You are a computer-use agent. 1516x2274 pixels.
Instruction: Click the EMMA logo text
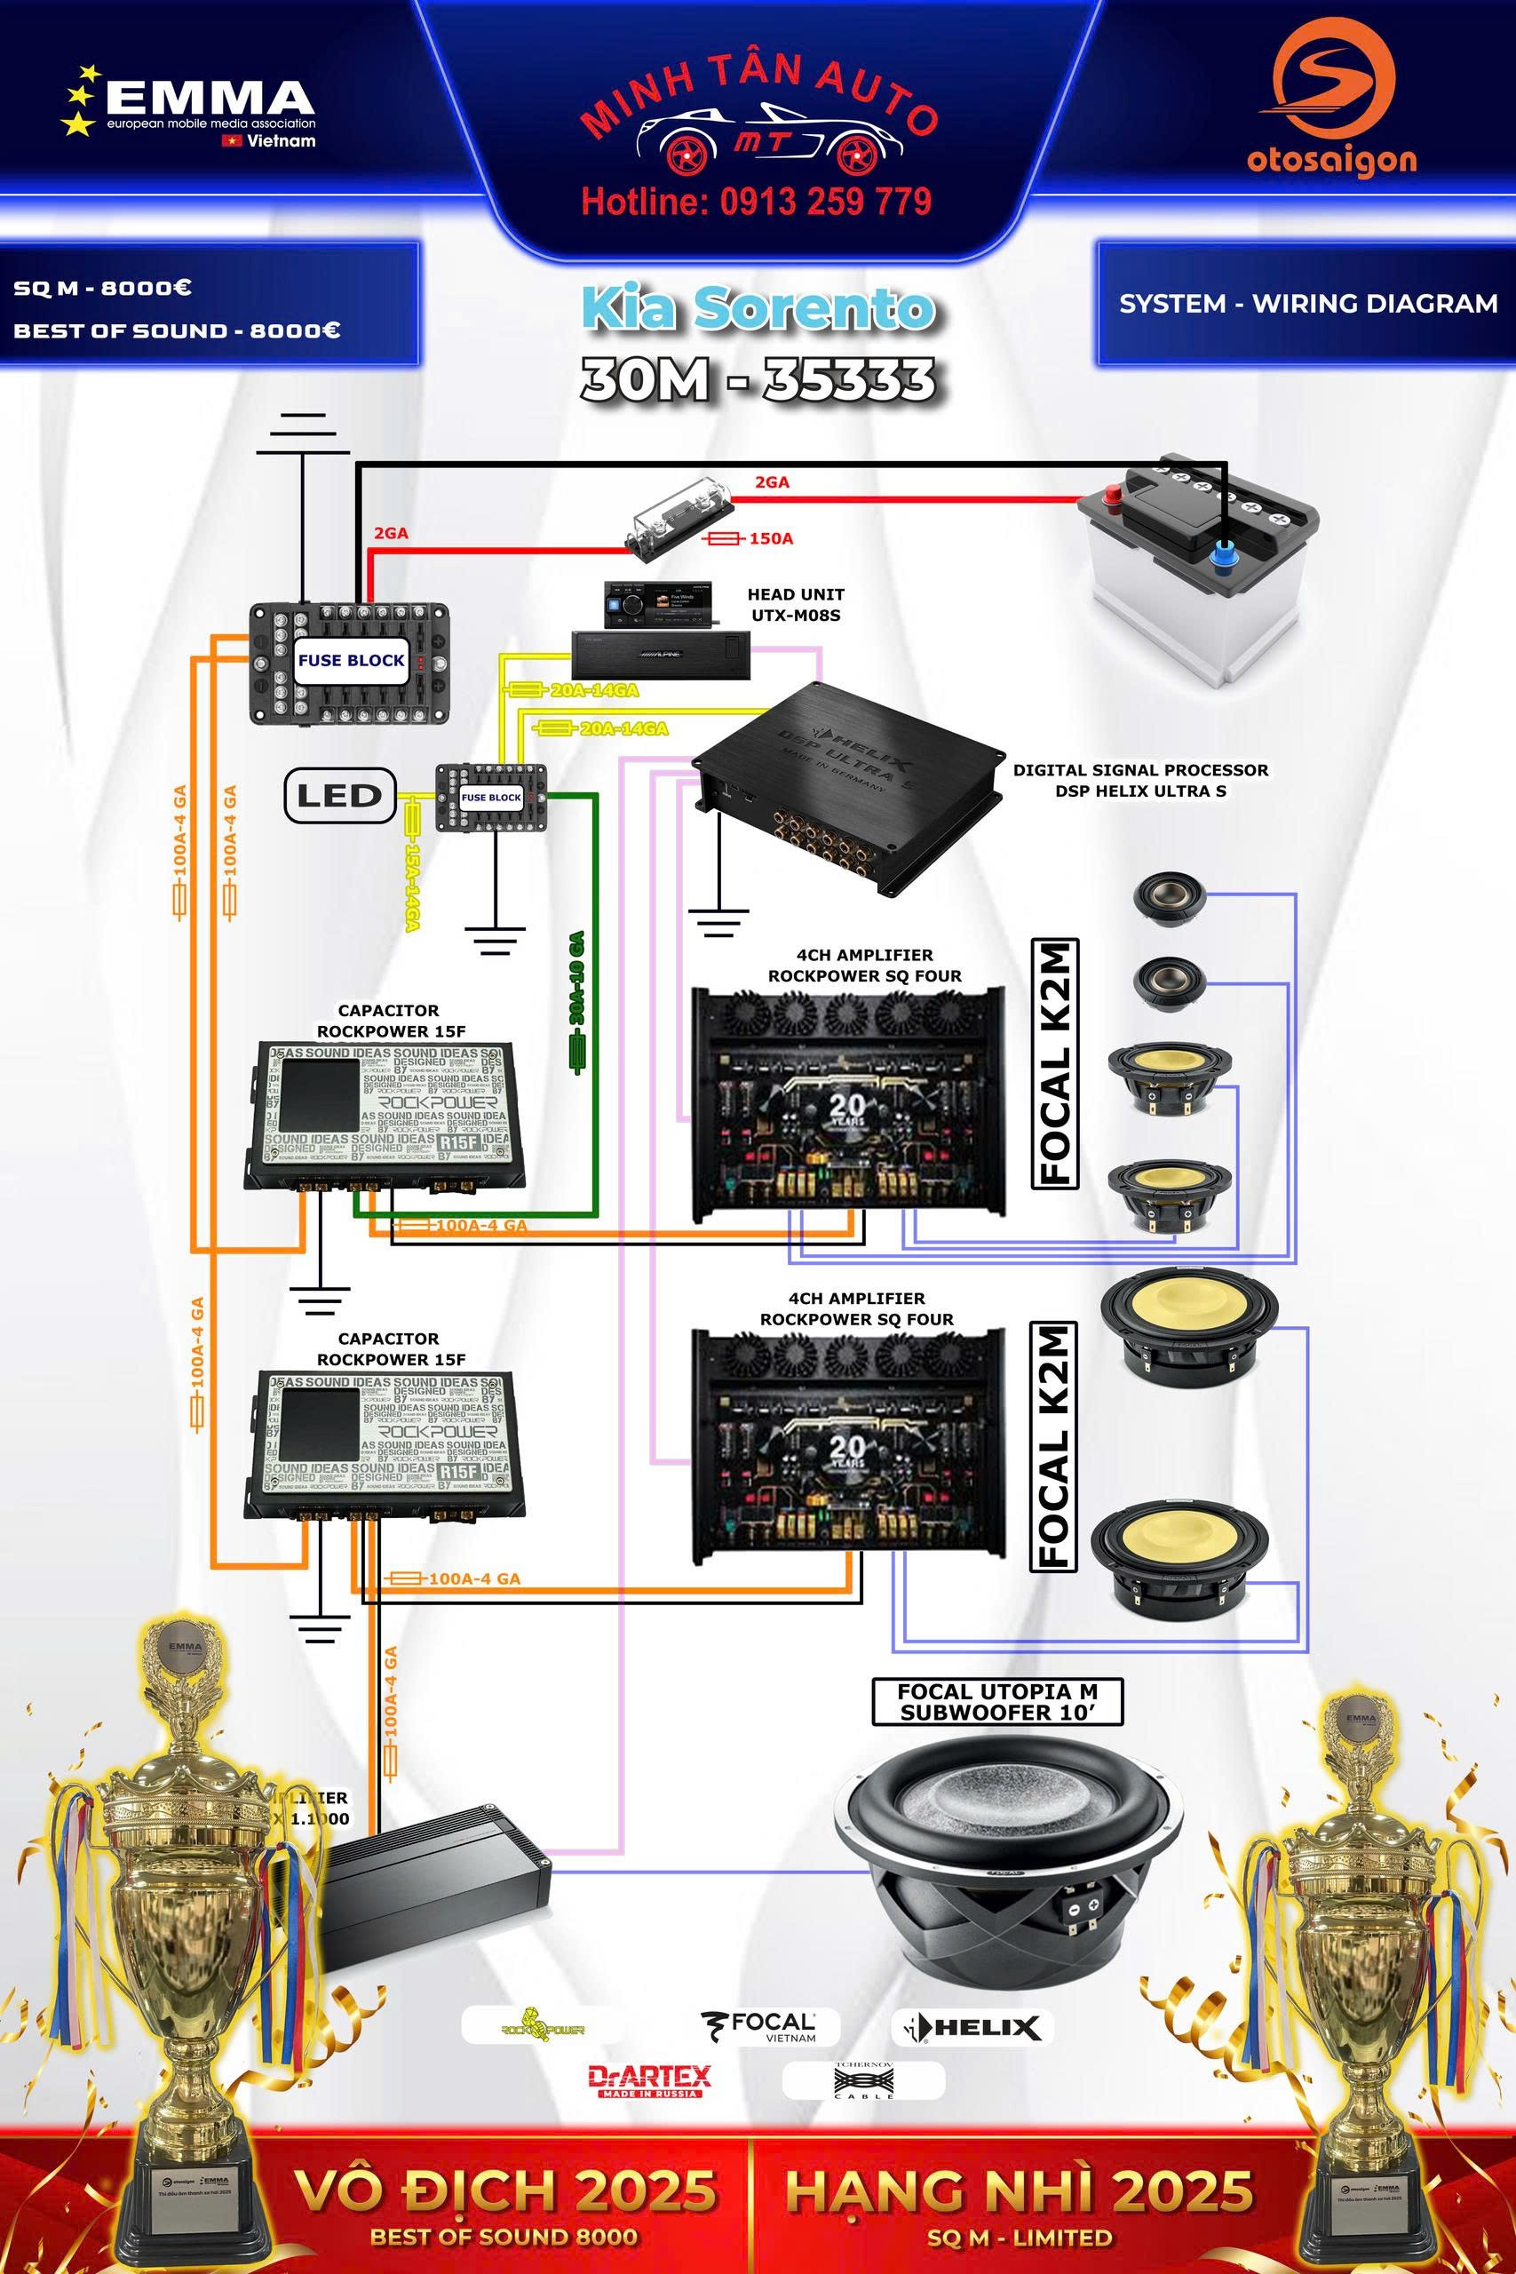209,97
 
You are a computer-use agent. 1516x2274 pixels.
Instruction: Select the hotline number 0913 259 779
756,201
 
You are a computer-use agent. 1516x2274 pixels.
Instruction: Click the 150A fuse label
770,538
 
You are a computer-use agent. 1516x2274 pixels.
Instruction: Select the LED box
339,796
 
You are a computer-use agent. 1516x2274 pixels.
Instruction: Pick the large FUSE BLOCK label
351,661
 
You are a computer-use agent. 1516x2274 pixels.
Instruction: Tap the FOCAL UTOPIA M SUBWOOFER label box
996,1702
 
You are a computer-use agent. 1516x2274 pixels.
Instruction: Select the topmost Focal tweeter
1168,899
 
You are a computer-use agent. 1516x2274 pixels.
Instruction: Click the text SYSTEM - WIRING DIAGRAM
1307,304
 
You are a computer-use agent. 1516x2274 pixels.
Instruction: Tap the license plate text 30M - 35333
758,380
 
